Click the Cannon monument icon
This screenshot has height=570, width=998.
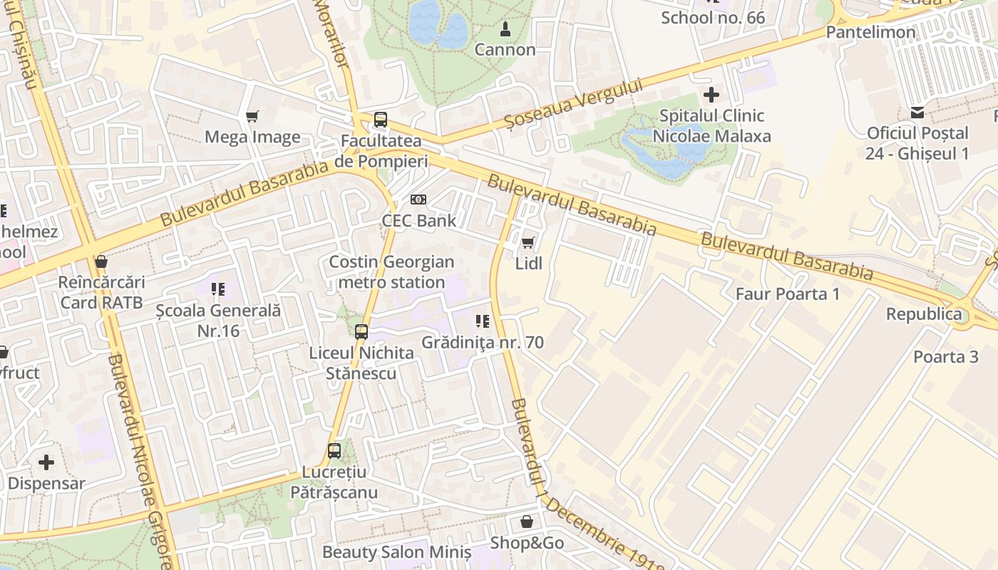pyautogui.click(x=505, y=29)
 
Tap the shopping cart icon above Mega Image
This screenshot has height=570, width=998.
pyautogui.click(x=252, y=116)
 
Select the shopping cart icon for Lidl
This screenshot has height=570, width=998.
pyautogui.click(x=528, y=243)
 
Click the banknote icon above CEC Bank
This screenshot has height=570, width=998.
pyautogui.click(x=418, y=200)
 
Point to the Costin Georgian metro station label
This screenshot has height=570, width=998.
pyautogui.click(x=391, y=272)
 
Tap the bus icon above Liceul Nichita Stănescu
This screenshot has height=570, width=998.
pyautogui.click(x=361, y=331)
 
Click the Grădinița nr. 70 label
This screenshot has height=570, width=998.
pyautogui.click(x=482, y=343)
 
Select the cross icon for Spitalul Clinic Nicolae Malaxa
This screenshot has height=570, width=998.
pyautogui.click(x=711, y=94)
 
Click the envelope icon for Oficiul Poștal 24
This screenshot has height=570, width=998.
pyautogui.click(x=917, y=113)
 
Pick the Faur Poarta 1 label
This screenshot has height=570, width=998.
pyautogui.click(x=787, y=294)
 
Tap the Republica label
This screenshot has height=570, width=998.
pyautogui.click(x=923, y=314)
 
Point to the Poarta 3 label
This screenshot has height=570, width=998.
pyautogui.click(x=946, y=357)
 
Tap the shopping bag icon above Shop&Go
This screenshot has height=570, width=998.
pyautogui.click(x=526, y=522)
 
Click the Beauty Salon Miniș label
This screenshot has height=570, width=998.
pyautogui.click(x=396, y=552)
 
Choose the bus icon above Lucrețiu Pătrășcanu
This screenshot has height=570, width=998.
pyautogui.click(x=334, y=451)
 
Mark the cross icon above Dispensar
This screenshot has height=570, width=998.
pyautogui.click(x=46, y=462)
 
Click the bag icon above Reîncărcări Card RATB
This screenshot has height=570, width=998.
pyautogui.click(x=101, y=261)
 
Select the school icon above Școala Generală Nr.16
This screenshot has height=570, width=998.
pyautogui.click(x=218, y=289)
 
